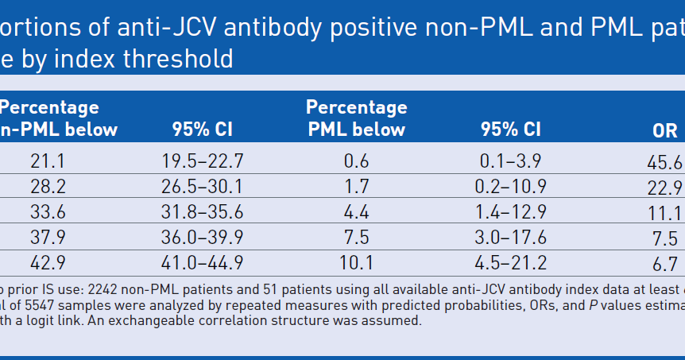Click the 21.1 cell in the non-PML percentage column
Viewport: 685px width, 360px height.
[47, 161]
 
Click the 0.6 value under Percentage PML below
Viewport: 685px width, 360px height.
[356, 161]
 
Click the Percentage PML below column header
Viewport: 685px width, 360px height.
[356, 118]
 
